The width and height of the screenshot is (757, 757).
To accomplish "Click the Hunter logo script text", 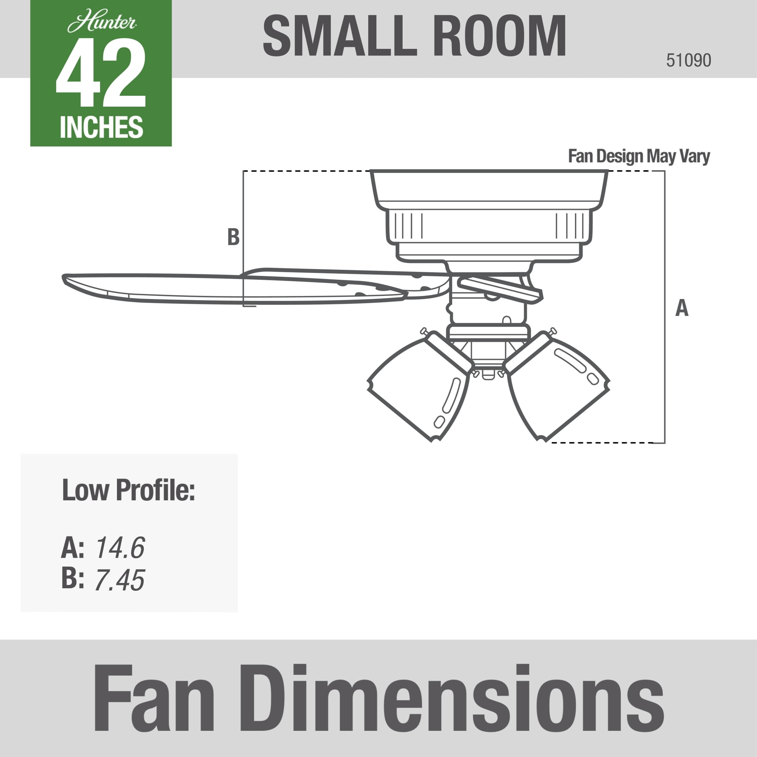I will (x=102, y=23).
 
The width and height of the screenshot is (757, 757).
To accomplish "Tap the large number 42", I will (x=101, y=73).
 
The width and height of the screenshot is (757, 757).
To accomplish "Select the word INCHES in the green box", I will (x=101, y=127).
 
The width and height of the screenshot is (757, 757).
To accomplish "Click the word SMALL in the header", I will (x=339, y=36).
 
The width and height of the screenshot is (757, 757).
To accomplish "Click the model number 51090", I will (x=689, y=60).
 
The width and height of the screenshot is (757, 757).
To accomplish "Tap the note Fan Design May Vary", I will (x=639, y=156).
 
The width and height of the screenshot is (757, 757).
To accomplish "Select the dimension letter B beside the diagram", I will (x=233, y=237).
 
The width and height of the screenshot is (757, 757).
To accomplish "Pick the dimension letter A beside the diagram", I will (x=682, y=308).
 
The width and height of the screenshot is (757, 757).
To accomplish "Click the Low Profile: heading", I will (x=128, y=490).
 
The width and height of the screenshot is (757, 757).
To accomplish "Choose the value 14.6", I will (x=120, y=547).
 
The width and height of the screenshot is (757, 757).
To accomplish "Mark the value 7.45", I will (x=119, y=580).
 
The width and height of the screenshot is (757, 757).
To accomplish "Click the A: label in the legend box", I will (x=73, y=548).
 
